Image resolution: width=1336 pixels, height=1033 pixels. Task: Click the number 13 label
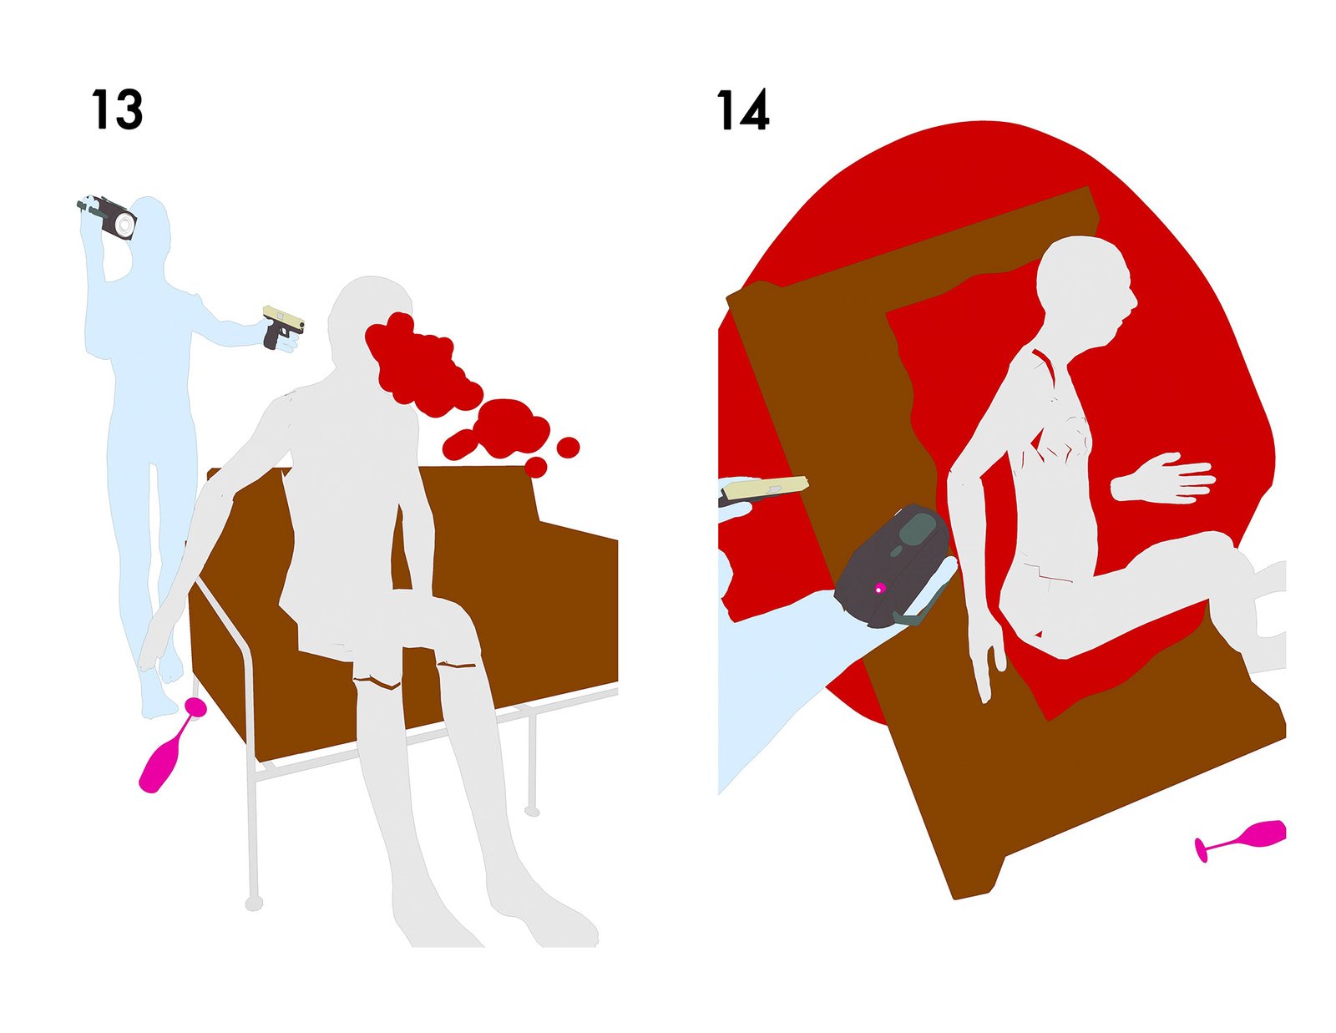pyautogui.click(x=117, y=109)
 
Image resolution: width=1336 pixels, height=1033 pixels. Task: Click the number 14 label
pyautogui.click(x=742, y=109)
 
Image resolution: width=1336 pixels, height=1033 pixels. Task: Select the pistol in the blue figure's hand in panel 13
pyautogui.click(x=282, y=326)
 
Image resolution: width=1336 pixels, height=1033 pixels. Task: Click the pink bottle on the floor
pyautogui.click(x=171, y=745)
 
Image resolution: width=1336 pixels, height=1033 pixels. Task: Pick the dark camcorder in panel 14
pyautogui.click(x=893, y=565)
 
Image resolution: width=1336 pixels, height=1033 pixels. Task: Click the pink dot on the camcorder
pyautogui.click(x=880, y=588)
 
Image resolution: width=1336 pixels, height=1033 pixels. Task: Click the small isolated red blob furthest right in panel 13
pyautogui.click(x=568, y=447)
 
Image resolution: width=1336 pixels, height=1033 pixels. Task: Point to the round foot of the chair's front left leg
pyautogui.click(x=254, y=904)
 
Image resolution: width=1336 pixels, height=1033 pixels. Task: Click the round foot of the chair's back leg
pyautogui.click(x=533, y=813)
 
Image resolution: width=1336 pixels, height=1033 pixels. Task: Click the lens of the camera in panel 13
pyautogui.click(x=124, y=225)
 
